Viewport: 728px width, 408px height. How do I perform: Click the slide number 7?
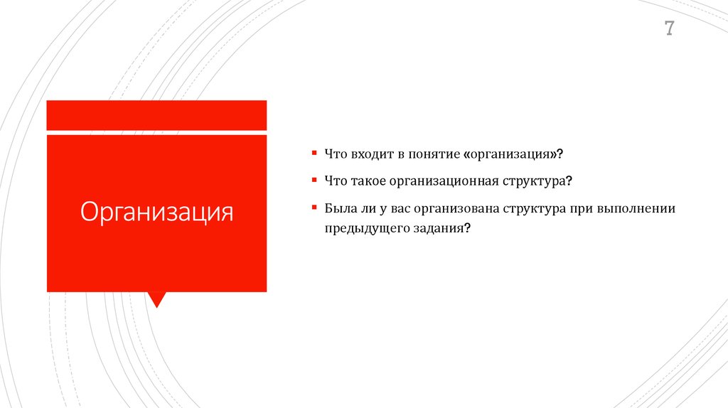click(670, 29)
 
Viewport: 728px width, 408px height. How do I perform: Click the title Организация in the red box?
click(156, 212)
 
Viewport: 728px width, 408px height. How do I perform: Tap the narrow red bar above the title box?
click(156, 115)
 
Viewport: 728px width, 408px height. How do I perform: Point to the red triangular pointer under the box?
click(156, 299)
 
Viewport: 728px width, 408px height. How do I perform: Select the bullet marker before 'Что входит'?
click(314, 153)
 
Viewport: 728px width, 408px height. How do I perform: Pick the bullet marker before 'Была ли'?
click(314, 208)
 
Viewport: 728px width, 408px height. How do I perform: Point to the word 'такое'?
click(368, 182)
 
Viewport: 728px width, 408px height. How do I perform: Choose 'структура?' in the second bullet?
click(536, 182)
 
